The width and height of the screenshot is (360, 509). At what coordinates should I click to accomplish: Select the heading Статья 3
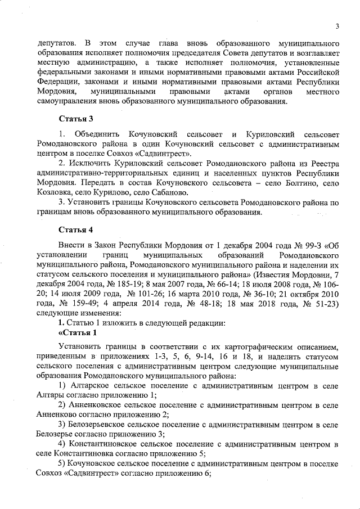coord(75,119)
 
